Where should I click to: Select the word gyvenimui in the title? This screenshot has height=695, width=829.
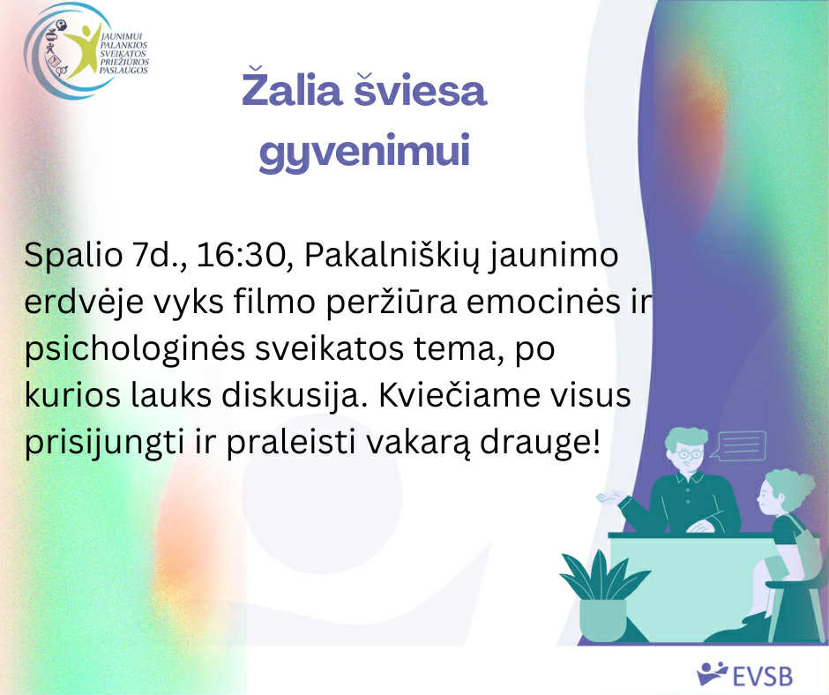(x=364, y=152)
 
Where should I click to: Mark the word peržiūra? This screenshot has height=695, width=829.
(x=392, y=303)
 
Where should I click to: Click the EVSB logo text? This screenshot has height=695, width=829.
(x=762, y=676)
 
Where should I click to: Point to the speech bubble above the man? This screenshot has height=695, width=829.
(x=738, y=446)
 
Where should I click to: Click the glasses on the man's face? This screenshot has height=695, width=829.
(x=689, y=454)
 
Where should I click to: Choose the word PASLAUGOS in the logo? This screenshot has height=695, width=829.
(x=123, y=71)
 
